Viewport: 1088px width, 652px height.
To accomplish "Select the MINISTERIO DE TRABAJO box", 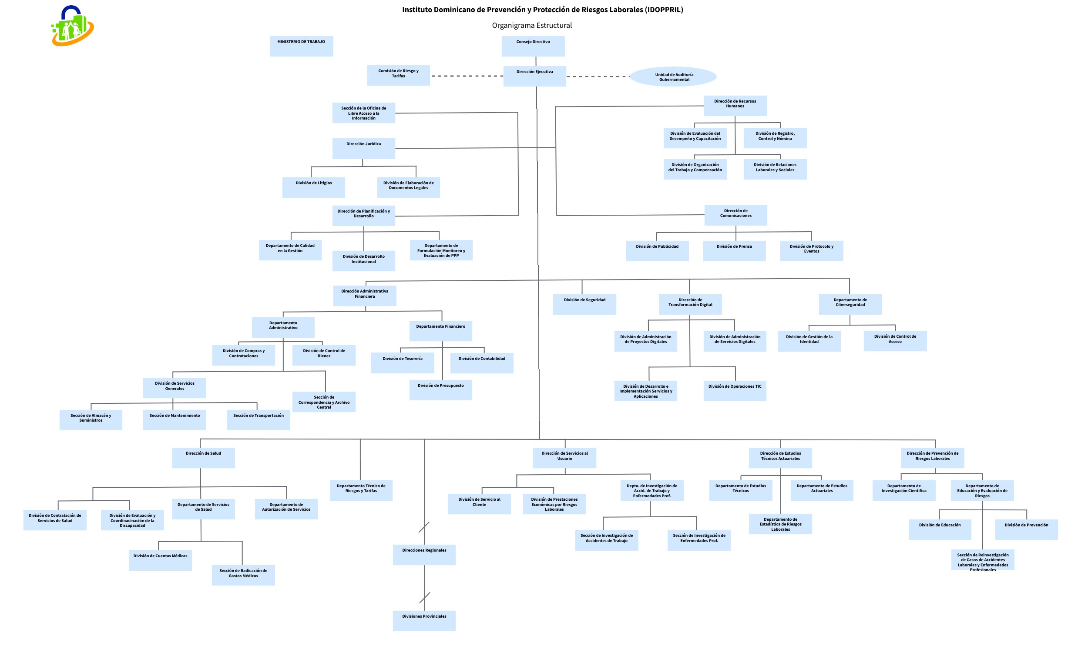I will click(301, 46).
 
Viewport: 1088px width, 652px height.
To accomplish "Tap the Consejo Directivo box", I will click(533, 46).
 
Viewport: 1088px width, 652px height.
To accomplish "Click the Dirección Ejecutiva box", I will click(535, 76).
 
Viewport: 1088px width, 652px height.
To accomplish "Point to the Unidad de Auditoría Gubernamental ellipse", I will click(673, 77).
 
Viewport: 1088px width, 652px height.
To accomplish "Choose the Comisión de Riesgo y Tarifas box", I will click(399, 76).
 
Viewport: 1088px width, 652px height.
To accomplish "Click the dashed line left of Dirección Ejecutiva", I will click(467, 76).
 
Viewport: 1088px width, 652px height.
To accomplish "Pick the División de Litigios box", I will click(313, 187).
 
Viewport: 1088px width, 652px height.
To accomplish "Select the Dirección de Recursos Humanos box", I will click(735, 106).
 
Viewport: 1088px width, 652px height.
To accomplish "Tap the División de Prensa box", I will click(734, 251).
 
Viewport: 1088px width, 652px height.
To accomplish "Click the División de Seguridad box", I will click(584, 304).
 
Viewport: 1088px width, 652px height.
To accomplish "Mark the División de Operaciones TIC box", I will click(735, 391).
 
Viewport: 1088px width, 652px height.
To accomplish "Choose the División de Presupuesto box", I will click(441, 390).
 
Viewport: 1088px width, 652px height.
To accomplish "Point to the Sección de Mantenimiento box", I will click(175, 419).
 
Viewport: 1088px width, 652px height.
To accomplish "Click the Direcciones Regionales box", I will click(424, 555).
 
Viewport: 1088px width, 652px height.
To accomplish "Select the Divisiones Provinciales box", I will click(424, 620).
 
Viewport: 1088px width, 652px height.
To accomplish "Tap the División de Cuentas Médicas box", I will click(160, 560).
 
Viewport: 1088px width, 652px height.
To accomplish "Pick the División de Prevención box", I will click(1026, 529).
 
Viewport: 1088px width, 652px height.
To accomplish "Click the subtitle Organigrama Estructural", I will click(532, 26).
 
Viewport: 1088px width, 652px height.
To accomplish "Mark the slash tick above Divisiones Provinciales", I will click(424, 598).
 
